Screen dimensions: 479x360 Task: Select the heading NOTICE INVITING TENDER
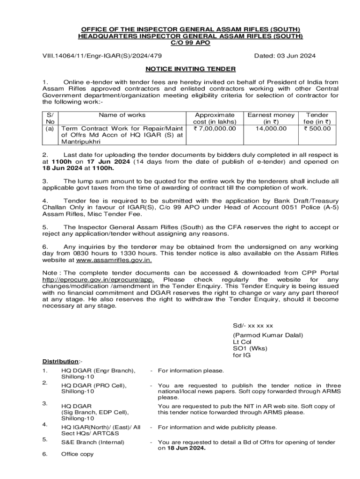point(190,69)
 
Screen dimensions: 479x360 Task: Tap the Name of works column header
point(122,115)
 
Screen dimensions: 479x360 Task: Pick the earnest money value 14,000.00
point(271,128)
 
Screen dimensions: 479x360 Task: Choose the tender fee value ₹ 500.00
point(317,128)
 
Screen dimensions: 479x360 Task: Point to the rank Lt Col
point(242,342)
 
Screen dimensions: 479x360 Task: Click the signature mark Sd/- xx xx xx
point(253,326)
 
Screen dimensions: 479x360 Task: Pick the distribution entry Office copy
point(78,454)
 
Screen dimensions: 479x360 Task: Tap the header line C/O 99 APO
point(190,43)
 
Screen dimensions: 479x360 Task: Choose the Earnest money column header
point(271,115)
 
